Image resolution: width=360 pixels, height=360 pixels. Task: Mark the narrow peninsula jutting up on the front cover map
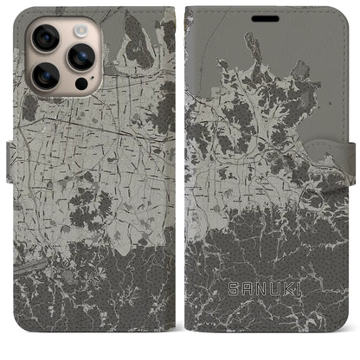252,48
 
